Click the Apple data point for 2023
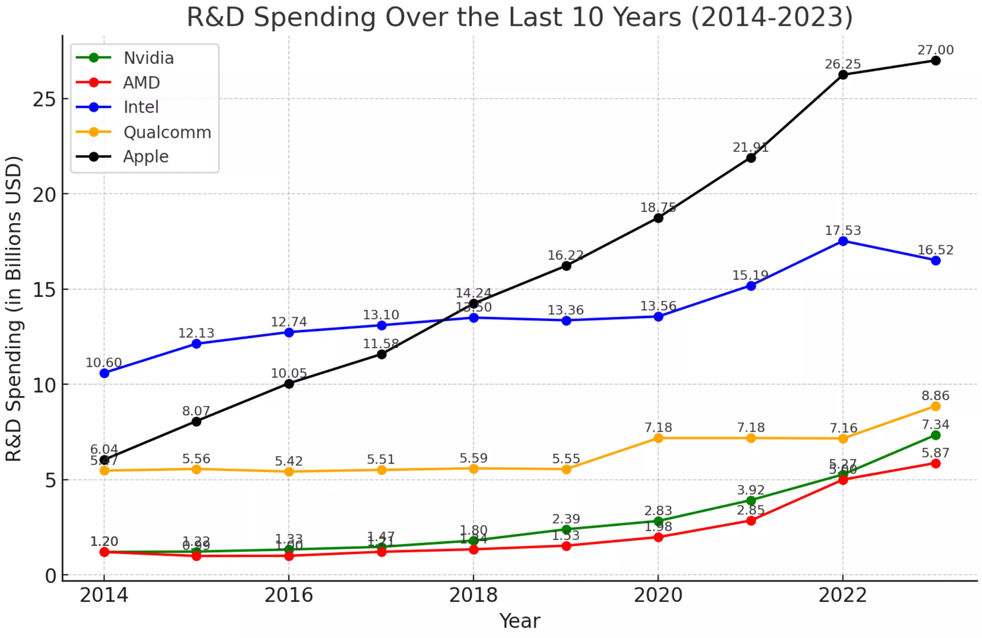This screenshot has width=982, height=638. coord(935,61)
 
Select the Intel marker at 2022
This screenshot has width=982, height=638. coord(843,241)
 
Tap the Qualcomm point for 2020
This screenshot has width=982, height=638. coord(658,438)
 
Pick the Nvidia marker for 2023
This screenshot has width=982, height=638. coord(935,435)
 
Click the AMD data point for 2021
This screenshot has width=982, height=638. coord(750,521)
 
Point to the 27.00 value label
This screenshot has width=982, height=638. coord(935,50)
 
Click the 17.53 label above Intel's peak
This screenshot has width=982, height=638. coord(842,231)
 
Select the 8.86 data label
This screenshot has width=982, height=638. coord(935,396)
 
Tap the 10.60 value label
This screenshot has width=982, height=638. coord(103,363)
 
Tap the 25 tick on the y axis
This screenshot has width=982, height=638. coord(44,99)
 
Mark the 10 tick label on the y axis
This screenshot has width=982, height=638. coord(44,385)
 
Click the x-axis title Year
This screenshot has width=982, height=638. coord(519,621)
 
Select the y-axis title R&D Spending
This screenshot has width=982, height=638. coord(14,308)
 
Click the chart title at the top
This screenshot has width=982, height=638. coord(519,18)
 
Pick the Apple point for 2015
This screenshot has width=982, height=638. coord(196,421)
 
